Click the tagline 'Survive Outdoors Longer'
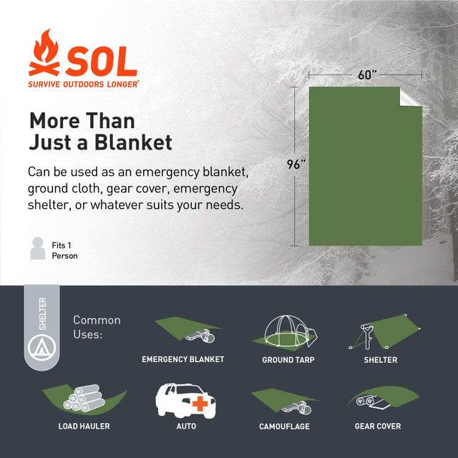pyautogui.click(x=84, y=84)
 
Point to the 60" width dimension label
pyautogui.click(x=365, y=74)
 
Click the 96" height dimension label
pyautogui.click(x=296, y=164)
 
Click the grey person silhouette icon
pyautogui.click(x=38, y=248)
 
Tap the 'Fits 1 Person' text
pyautogui.click(x=64, y=250)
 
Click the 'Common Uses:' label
pyautogui.click(x=97, y=327)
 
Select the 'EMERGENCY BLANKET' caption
pyautogui.click(x=182, y=359)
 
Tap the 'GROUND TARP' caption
pyautogui.click(x=288, y=359)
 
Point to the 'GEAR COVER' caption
pyautogui.click(x=378, y=427)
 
